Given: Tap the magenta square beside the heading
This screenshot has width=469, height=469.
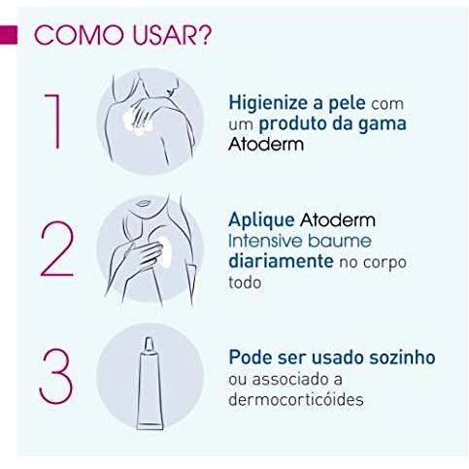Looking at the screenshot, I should click(10, 35).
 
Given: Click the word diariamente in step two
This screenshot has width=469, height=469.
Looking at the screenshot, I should click(276, 261).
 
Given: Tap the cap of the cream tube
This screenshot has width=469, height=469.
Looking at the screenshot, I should click(151, 344).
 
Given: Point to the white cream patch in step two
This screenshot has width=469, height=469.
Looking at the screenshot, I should click(163, 248).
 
